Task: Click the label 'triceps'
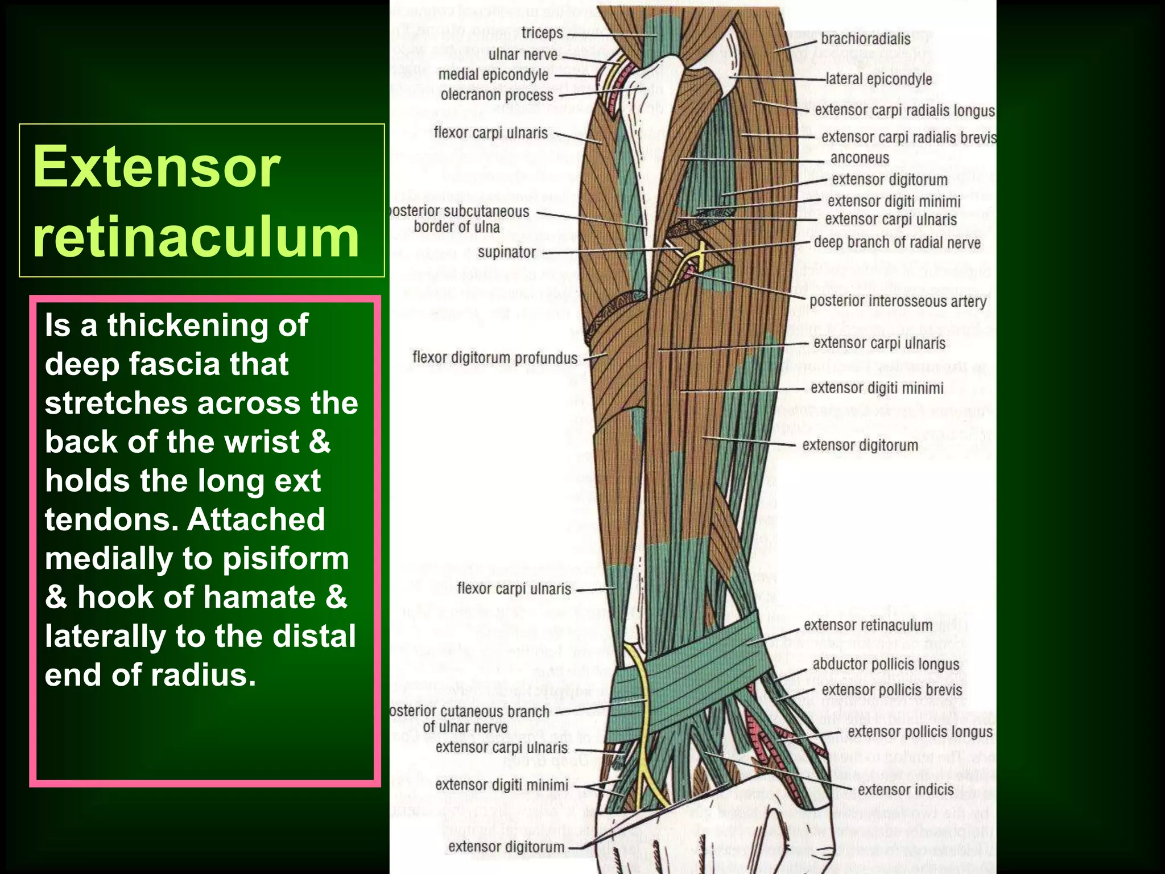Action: [x=542, y=33]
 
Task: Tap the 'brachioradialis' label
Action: [x=865, y=39]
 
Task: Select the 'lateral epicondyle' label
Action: [x=878, y=79]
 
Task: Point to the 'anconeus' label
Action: [x=859, y=158]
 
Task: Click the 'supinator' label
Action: [x=506, y=252]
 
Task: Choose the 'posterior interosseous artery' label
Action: [x=898, y=301]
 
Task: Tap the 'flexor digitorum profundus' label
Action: [x=494, y=358]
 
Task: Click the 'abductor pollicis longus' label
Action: [x=886, y=664]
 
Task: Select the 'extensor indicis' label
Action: [x=906, y=789]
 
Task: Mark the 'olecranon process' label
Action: [x=497, y=95]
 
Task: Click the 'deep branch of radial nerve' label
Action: [x=897, y=242]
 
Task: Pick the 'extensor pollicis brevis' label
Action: [x=891, y=690]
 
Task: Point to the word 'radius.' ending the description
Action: [x=204, y=675]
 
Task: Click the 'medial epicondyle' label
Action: [x=493, y=75]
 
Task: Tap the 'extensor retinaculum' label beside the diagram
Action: [x=867, y=625]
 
